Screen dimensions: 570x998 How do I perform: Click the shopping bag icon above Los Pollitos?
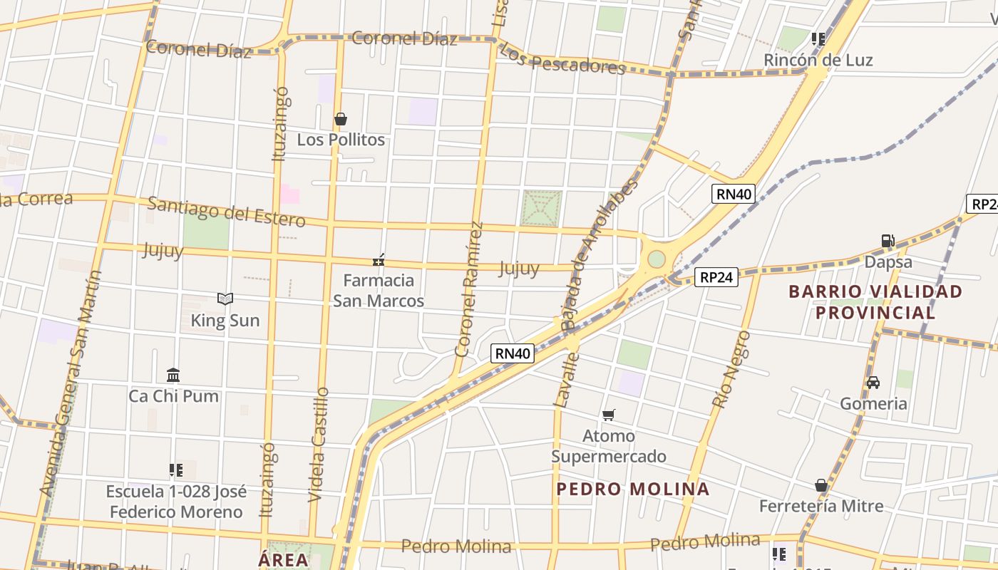pyautogui.click(x=341, y=119)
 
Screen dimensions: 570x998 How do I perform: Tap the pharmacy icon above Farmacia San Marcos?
pyautogui.click(x=379, y=260)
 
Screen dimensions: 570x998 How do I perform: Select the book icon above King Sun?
pyautogui.click(x=225, y=299)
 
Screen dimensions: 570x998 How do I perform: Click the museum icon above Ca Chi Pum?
pyautogui.click(x=173, y=375)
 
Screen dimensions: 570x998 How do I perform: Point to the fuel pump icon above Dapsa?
pyautogui.click(x=888, y=241)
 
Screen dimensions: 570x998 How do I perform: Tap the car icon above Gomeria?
pyautogui.click(x=873, y=383)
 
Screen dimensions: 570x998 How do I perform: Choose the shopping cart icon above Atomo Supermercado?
pyautogui.click(x=608, y=415)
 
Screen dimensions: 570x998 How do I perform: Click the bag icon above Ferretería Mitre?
pyautogui.click(x=821, y=485)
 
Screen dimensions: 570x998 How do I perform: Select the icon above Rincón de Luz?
pyautogui.click(x=818, y=38)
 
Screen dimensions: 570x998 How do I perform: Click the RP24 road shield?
pyautogui.click(x=716, y=277)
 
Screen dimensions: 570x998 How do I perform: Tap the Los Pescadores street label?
pyautogui.click(x=562, y=59)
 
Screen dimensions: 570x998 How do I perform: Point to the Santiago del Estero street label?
pyautogui.click(x=227, y=212)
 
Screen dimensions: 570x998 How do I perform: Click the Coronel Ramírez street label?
pyautogui.click(x=469, y=289)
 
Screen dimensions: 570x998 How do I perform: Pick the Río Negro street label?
pyautogui.click(x=731, y=369)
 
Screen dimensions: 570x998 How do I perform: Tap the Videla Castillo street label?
pyautogui.click(x=319, y=445)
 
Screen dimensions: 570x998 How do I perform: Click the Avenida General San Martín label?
pyautogui.click(x=71, y=383)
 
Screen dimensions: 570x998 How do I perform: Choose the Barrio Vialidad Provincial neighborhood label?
pyautogui.click(x=875, y=302)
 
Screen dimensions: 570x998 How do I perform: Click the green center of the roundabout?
pyautogui.click(x=656, y=259)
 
